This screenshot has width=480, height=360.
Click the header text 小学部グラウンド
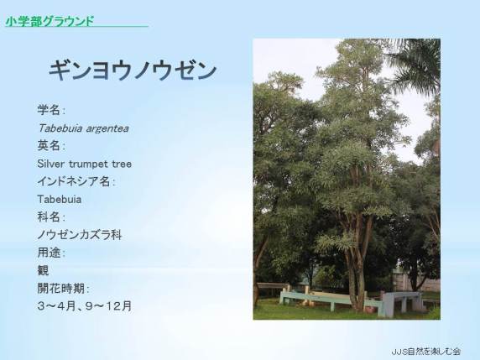(x=50, y=21)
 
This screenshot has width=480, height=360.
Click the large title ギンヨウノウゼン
(x=133, y=70)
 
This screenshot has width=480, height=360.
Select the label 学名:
(x=51, y=110)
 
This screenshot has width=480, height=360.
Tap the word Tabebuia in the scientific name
(x=60, y=128)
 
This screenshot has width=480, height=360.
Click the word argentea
(x=107, y=129)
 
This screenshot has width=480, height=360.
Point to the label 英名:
(x=51, y=146)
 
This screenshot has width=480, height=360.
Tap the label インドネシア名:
(x=76, y=181)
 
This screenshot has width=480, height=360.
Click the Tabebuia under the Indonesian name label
(x=60, y=200)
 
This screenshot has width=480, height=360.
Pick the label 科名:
(x=51, y=217)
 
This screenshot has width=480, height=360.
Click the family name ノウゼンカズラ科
(x=80, y=235)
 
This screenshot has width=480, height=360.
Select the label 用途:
(x=51, y=253)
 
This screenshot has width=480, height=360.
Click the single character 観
(x=43, y=270)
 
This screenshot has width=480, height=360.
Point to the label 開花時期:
(x=63, y=289)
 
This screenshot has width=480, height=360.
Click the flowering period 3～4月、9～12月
(x=85, y=306)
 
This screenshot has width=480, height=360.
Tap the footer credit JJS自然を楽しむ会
(x=425, y=351)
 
